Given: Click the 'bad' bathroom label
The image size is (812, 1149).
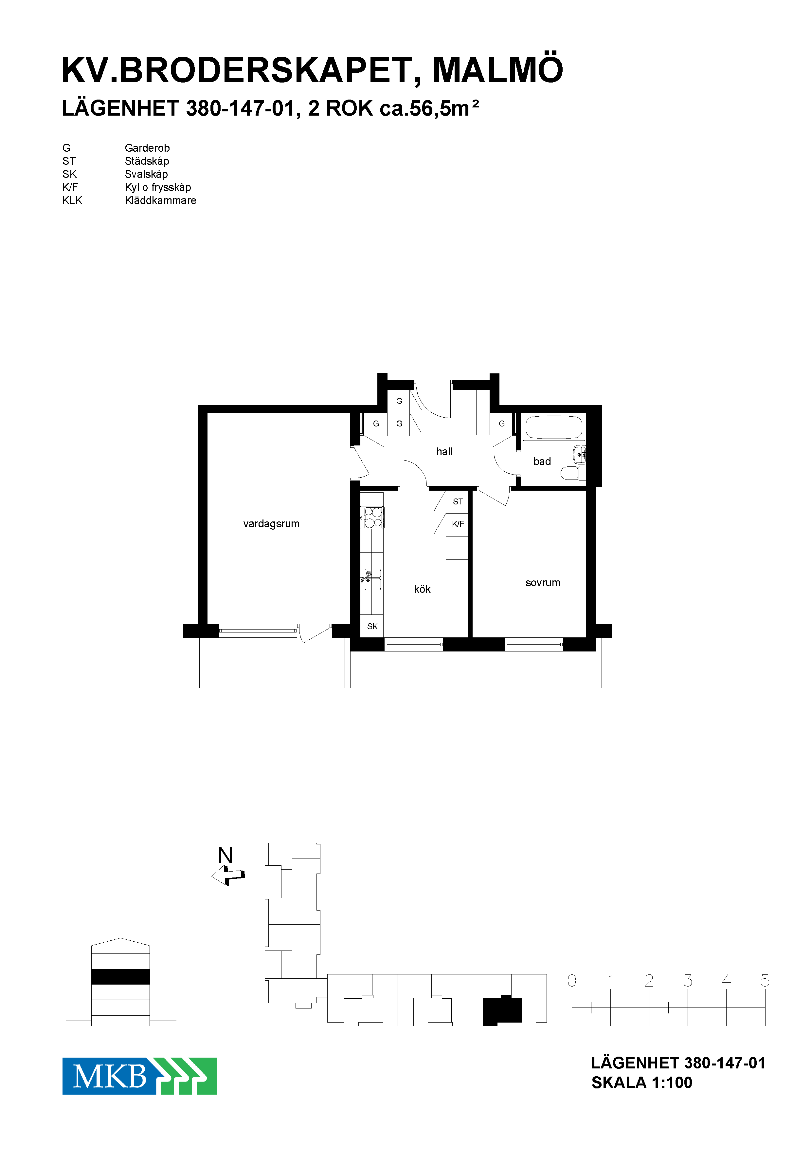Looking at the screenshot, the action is pyautogui.click(x=542, y=461).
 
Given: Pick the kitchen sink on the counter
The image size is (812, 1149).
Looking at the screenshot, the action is pyautogui.click(x=372, y=579).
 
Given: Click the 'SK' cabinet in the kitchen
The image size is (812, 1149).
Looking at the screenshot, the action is pyautogui.click(x=372, y=626).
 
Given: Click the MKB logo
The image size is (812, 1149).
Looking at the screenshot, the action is pyautogui.click(x=139, y=1076).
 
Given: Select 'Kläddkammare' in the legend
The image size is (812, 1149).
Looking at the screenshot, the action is pyautogui.click(x=160, y=200).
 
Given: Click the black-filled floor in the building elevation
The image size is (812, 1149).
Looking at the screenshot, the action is pyautogui.click(x=120, y=976).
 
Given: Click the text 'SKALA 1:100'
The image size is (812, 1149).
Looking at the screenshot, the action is pyautogui.click(x=641, y=1083).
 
